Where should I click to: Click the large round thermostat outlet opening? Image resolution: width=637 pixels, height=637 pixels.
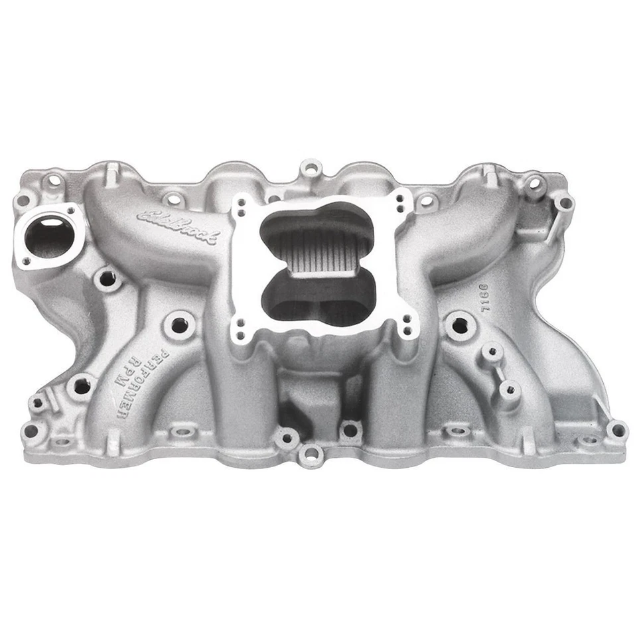tap(48, 236)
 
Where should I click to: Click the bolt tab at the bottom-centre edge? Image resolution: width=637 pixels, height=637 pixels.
tap(311, 455)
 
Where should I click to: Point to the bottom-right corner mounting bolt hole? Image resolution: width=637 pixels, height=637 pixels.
tap(616, 431)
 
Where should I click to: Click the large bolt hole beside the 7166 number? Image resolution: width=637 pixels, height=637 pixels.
tap(459, 325)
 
